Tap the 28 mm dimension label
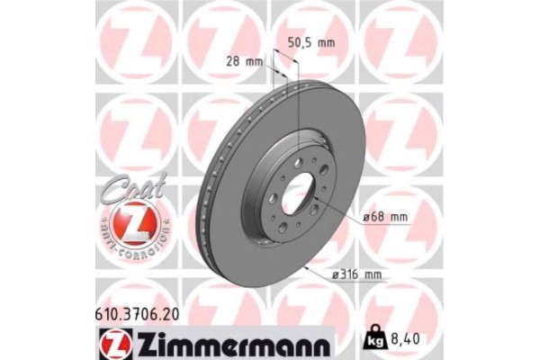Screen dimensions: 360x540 pyautogui.click(x=245, y=62)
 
